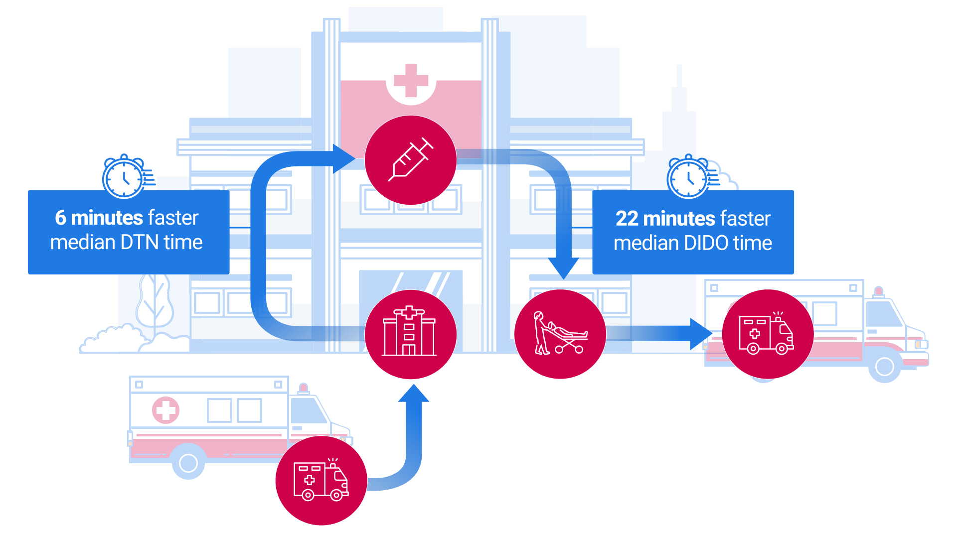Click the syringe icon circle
411,160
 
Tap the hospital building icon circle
411,334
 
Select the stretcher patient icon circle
560,334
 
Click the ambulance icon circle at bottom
321,480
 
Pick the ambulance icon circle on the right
768,334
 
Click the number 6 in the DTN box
60,218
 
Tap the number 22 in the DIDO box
627,219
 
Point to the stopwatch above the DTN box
125,177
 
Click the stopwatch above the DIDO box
689,177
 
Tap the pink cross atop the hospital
411,80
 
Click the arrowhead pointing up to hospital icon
414,394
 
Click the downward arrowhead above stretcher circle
563,268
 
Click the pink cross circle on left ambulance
165,410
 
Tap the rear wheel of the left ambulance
188,463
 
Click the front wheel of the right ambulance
884,366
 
